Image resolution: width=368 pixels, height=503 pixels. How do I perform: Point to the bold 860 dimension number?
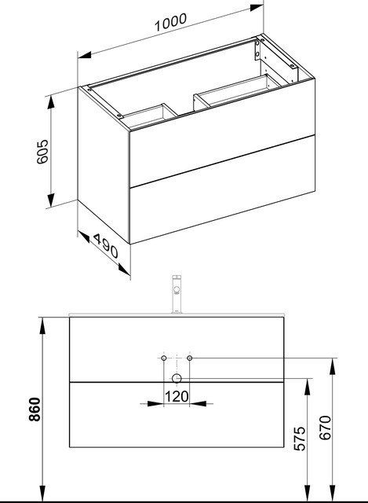(31, 409)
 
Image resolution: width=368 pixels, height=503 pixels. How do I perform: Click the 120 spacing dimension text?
(178, 398)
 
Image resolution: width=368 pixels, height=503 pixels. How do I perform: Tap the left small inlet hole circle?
(163, 358)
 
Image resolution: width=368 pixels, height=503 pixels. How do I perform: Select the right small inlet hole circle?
(191, 358)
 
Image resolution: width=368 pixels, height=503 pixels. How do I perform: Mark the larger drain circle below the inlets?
(177, 378)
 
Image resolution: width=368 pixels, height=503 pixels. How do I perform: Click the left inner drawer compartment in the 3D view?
(145, 116)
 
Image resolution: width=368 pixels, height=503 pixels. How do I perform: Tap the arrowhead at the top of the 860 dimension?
(42, 322)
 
